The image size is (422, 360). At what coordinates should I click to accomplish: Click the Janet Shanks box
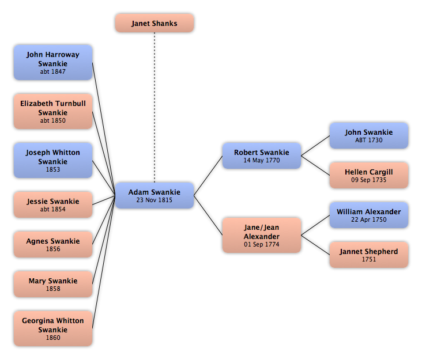coord(155,23)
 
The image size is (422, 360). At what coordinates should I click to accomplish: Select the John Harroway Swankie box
coord(53,62)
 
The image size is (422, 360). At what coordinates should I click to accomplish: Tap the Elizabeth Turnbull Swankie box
coord(53,111)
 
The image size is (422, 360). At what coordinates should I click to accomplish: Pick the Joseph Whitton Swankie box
coord(53,160)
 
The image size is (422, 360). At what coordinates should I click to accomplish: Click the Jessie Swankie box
coord(53,204)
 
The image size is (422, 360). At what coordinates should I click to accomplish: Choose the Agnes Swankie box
coord(53,244)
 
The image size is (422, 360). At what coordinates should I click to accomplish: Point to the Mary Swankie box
coord(53,284)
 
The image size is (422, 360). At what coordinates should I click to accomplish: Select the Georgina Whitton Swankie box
coord(53,328)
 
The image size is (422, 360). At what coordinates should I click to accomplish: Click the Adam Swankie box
coord(155,195)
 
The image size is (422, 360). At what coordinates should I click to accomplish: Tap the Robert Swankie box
coord(262,156)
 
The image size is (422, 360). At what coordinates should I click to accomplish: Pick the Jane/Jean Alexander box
coord(262,235)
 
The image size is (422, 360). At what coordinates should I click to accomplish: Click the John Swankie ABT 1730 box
coord(369,135)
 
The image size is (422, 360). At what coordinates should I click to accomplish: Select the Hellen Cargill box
coord(369,175)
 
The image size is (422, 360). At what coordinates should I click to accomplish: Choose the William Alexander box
coord(369,215)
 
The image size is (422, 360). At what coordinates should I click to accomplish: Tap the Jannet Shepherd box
coord(369,255)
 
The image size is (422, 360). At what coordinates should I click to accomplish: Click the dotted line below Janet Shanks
coord(155,108)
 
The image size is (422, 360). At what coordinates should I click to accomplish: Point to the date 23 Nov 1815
coord(154,200)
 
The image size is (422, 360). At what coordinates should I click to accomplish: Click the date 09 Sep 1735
coord(369,180)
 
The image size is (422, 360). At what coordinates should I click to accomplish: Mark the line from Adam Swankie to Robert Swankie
coord(208,176)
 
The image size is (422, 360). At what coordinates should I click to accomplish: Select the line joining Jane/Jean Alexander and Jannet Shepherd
coord(315,245)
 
